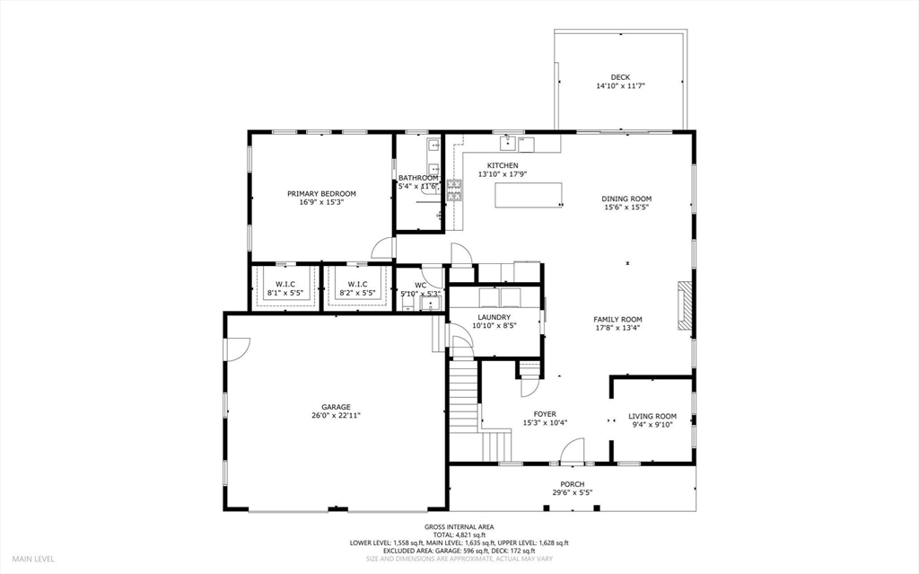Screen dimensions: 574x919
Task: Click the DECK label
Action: pos(620,76)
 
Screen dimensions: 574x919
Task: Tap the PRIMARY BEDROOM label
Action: pos(321,193)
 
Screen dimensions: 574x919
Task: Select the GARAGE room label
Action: pos(337,407)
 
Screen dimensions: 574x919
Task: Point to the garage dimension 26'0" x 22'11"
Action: pos(337,416)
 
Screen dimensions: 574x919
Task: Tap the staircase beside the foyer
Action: pos(463,394)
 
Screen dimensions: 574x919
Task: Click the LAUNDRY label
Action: pos(495,317)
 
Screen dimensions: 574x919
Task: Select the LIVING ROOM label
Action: pos(652,416)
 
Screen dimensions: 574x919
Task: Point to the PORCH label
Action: pos(573,483)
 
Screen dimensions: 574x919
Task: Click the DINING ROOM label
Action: pos(626,199)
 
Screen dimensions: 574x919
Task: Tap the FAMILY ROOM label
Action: pos(617,319)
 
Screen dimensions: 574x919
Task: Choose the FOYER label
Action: pos(545,414)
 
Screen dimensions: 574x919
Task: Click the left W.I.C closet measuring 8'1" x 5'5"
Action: pos(285,288)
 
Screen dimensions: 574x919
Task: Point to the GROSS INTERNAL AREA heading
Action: pos(459,526)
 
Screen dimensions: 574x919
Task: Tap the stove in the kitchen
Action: pos(455,188)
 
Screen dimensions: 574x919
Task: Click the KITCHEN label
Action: pos(503,165)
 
